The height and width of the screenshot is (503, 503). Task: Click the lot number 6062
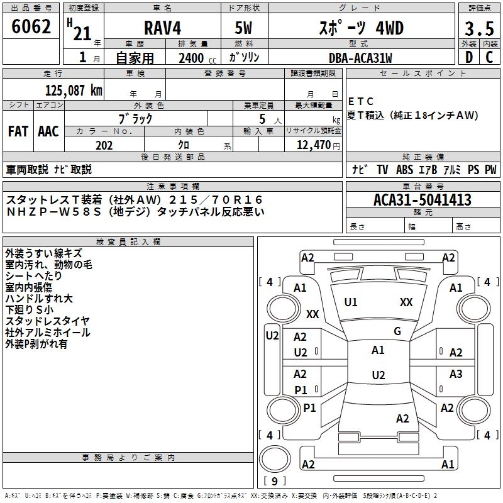coord(31,27)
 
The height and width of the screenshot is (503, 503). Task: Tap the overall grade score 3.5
coord(478,29)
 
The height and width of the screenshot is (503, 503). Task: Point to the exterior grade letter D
coord(468,56)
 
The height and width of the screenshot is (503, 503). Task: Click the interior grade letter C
coord(489,56)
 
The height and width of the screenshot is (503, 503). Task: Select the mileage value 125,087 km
coord(74,90)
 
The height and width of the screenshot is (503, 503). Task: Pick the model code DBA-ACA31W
coord(360,58)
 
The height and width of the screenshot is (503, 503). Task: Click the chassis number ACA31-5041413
coord(422,200)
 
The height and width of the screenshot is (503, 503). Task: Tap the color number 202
coord(104,145)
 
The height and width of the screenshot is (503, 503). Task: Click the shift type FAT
coord(18,131)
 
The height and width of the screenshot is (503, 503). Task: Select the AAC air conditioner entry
coord(48,131)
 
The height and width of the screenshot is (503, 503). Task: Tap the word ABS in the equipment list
coord(405,170)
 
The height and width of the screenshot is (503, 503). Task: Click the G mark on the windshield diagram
coord(397,331)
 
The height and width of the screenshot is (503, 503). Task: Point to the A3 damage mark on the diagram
coord(456,375)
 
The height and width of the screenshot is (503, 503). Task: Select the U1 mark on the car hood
coord(351,302)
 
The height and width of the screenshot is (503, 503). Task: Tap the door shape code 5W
coord(245,29)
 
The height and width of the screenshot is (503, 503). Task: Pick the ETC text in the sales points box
coord(361,102)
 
